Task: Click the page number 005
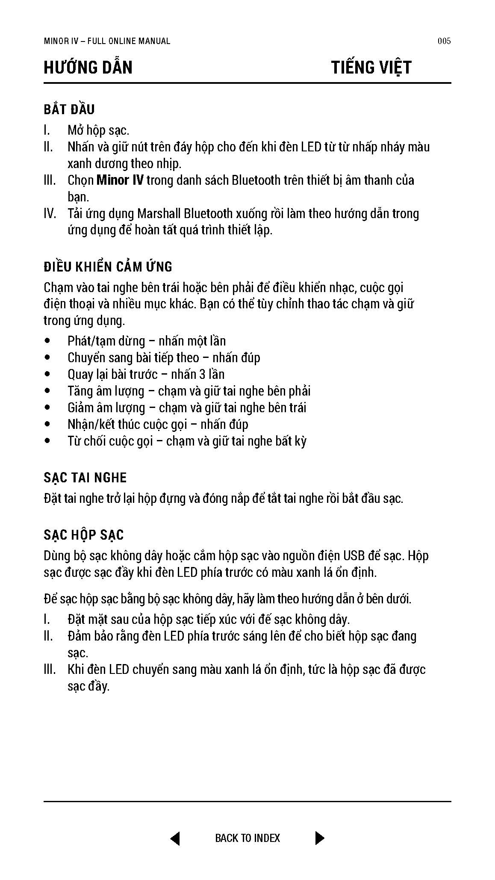444,41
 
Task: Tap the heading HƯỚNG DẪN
88,68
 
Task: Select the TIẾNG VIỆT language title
371,68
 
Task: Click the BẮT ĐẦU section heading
69,109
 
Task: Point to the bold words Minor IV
120,180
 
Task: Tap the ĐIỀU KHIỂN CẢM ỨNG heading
108,267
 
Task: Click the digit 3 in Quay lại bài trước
203,375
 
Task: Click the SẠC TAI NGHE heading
85,478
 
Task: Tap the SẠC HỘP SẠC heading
84,535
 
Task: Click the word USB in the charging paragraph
354,556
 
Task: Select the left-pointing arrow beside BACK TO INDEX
175,838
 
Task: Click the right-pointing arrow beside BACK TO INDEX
319,838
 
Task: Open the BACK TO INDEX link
247,838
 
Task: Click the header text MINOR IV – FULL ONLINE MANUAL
107,41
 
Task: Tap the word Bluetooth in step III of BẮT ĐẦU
256,180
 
